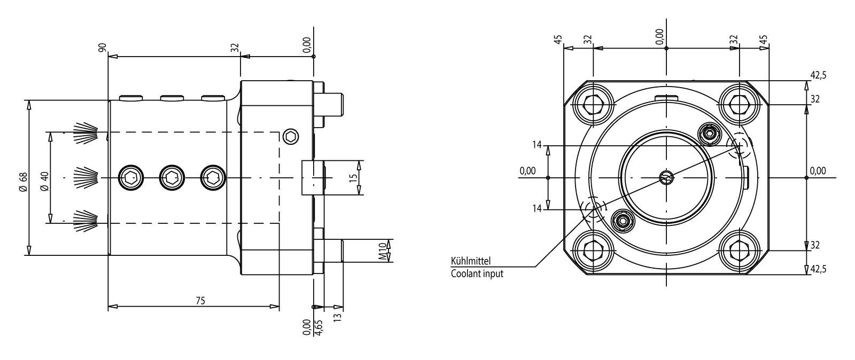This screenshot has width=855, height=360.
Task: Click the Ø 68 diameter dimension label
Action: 22,182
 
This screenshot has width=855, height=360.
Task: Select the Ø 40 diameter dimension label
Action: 45,182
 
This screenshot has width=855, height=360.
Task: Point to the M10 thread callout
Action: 383,251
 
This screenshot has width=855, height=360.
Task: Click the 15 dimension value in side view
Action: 353,178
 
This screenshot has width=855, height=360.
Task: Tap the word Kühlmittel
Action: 471,262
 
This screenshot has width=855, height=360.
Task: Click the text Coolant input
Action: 477,274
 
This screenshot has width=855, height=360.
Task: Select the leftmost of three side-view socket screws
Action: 130,177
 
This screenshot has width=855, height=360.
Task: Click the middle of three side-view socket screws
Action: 171,177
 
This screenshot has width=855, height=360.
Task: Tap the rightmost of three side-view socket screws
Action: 212,177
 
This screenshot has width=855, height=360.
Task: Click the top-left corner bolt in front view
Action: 593,104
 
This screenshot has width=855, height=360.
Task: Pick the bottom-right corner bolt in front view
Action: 740,250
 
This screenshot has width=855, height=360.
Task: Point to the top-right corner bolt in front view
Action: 740,104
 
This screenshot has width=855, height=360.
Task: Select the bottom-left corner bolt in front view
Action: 593,250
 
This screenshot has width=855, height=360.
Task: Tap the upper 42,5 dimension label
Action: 818,75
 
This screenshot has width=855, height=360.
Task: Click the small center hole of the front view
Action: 666,177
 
